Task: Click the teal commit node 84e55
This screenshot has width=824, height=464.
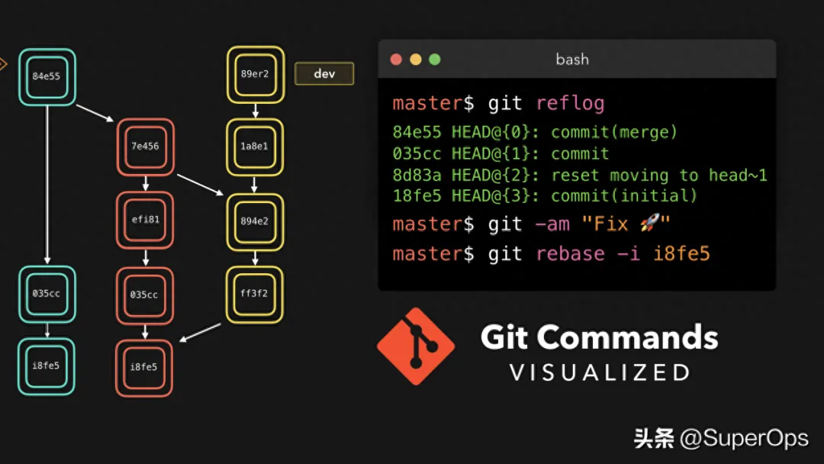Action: click(x=47, y=77)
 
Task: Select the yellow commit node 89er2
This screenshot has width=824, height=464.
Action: click(x=256, y=75)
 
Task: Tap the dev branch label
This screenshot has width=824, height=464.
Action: click(x=324, y=73)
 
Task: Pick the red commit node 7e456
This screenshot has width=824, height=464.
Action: click(x=146, y=147)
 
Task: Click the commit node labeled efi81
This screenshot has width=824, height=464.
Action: click(x=145, y=221)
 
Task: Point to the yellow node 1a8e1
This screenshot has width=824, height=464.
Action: click(x=255, y=147)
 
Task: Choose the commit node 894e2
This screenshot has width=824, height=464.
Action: click(x=255, y=222)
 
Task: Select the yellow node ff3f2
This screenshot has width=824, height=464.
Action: click(x=255, y=295)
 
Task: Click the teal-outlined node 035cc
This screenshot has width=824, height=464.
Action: click(x=47, y=295)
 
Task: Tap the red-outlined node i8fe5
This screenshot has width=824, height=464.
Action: click(x=144, y=368)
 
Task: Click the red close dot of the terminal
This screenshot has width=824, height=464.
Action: click(x=396, y=60)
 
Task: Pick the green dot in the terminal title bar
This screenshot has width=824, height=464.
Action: click(x=435, y=60)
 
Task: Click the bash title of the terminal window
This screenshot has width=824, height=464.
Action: click(x=572, y=60)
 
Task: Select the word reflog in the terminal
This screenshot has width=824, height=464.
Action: click(x=570, y=104)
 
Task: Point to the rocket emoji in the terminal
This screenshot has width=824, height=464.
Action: click(x=650, y=224)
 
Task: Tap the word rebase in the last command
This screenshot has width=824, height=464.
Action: click(x=570, y=254)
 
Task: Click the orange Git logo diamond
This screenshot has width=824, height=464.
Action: click(x=416, y=346)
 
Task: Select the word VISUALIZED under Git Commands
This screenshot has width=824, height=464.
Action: click(x=600, y=372)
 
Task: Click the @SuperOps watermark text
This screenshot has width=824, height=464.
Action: click(x=744, y=438)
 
